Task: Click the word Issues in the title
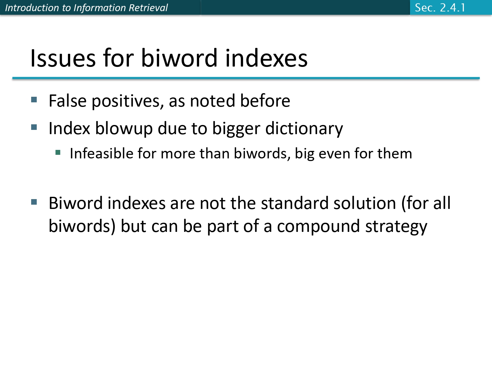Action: pos(62,58)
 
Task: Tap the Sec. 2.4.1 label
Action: pos(440,8)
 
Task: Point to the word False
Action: pos(67,101)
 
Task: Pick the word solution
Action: pos(365,203)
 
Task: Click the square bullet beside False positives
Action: pos(34,99)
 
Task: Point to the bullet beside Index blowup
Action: pos(34,127)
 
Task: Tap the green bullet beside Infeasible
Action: pos(58,152)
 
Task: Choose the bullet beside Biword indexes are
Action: pos(34,202)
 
